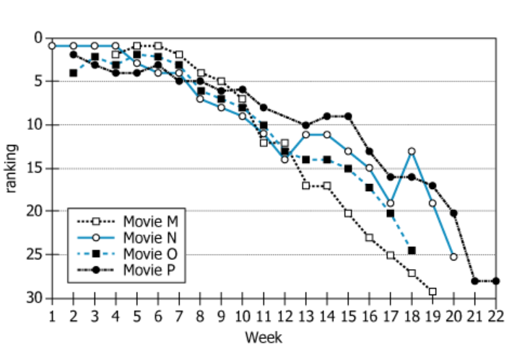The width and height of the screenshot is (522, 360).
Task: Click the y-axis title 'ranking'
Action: [12, 168]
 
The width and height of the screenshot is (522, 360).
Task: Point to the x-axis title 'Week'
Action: [264, 337]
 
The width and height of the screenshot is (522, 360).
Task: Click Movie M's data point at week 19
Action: [432, 291]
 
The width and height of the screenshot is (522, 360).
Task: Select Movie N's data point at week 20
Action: [453, 257]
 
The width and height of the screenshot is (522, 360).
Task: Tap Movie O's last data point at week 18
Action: [412, 250]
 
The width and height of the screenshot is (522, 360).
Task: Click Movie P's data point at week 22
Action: [496, 281]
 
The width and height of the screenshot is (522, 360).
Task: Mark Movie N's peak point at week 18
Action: [412, 152]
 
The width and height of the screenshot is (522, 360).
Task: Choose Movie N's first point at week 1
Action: [52, 45]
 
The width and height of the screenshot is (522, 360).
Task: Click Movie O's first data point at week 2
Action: [73, 73]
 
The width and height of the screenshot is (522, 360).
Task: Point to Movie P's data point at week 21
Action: [475, 281]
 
